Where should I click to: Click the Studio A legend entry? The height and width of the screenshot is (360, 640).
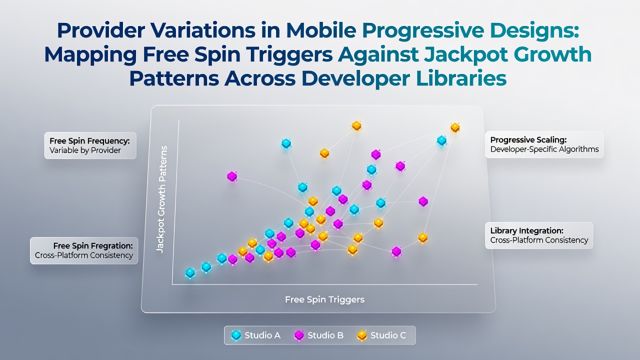coord(255,335)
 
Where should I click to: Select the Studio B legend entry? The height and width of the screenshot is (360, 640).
coord(318,335)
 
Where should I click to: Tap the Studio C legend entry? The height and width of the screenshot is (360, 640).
coord(381,335)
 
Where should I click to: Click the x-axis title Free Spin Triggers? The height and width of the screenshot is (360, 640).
coord(324,299)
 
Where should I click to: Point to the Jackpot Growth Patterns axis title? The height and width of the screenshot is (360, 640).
coord(161,199)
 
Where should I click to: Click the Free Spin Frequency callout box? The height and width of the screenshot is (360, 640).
coord(90,145)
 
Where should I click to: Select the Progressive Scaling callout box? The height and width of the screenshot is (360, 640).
coord(544,144)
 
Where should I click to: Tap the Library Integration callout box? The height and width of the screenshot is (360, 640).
coord(539,235)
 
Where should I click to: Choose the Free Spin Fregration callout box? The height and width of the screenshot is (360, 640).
coord(84,250)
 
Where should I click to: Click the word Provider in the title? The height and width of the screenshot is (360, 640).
coord(101,30)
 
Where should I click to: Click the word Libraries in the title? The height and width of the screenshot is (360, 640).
coord(461,78)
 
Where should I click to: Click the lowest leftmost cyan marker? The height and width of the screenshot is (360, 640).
coord(190,273)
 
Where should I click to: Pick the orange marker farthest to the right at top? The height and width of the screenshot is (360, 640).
coord(455,127)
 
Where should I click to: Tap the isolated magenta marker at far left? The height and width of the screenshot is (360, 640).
coord(232,176)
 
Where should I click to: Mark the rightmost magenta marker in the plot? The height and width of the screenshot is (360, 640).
coord(423,201)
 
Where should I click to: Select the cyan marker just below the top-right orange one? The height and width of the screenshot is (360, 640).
coord(441,140)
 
